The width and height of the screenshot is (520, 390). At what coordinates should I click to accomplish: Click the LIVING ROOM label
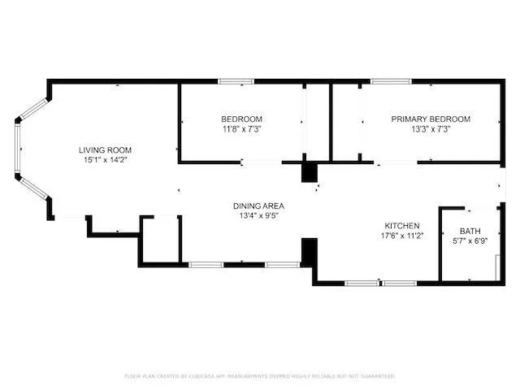click(x=105, y=149)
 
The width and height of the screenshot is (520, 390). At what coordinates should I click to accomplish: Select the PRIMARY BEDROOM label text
click(x=430, y=119)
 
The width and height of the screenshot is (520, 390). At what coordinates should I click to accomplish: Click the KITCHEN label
click(x=401, y=225)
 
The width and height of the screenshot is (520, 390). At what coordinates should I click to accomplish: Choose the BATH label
click(x=470, y=231)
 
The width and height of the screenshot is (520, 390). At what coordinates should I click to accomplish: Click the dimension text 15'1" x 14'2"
click(x=105, y=160)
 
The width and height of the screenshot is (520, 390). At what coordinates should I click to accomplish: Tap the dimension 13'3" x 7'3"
click(x=430, y=129)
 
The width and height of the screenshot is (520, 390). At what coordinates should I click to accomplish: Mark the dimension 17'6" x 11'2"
click(x=401, y=236)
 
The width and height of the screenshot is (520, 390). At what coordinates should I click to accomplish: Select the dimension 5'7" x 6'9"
click(x=470, y=241)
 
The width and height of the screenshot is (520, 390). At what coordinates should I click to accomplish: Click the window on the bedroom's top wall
click(x=236, y=81)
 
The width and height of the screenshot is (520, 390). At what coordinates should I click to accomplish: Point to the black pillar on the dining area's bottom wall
click(x=309, y=251)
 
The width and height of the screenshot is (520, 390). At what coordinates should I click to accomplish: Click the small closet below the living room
click(x=159, y=240)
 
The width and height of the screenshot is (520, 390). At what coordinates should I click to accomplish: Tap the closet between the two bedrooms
click(x=317, y=122)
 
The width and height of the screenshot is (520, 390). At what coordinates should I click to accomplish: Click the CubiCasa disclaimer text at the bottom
click(x=260, y=376)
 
